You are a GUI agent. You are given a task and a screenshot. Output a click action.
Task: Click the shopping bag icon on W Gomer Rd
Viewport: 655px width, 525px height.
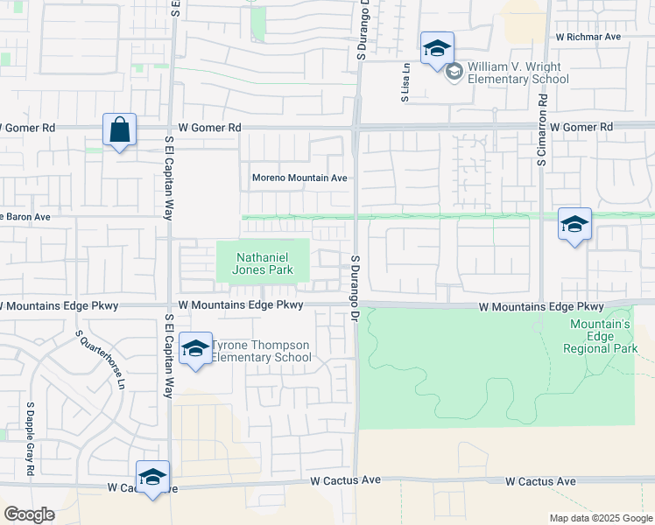point(119,130)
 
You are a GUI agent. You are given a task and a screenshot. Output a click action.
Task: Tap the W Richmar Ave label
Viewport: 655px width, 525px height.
point(588,38)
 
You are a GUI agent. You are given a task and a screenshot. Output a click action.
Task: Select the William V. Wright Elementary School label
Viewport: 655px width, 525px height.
point(518,73)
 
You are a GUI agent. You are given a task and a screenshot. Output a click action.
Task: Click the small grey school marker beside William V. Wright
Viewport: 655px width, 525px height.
point(454,72)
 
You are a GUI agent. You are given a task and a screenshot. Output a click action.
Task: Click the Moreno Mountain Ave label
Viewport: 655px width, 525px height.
point(299,178)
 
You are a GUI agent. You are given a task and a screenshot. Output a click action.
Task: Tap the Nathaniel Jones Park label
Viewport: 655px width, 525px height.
point(264,263)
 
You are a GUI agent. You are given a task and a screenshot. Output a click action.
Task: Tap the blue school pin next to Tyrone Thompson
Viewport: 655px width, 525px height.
point(195,349)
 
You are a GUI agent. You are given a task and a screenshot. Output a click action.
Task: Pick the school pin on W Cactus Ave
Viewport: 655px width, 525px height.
point(152,478)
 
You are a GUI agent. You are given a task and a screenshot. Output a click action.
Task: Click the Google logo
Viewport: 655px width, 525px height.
point(29,514)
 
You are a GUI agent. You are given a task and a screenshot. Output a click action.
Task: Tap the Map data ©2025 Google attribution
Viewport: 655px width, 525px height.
point(600,518)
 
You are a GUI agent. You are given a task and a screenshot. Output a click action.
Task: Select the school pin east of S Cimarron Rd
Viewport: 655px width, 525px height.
point(574,225)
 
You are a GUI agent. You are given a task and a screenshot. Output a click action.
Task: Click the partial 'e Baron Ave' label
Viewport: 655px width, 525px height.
point(25,216)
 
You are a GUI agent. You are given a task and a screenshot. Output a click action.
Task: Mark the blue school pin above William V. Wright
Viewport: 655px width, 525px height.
point(436,49)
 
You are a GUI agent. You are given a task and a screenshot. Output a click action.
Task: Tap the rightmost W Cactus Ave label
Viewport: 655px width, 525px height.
point(541,481)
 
